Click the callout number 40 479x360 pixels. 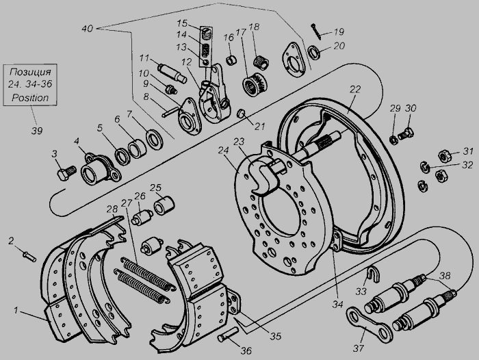[x=87, y=29]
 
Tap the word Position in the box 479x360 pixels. [x=30, y=98]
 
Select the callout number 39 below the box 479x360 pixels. [x=37, y=131]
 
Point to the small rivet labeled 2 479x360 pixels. [x=29, y=256]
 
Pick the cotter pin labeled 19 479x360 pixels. [x=316, y=31]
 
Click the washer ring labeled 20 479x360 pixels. [x=314, y=52]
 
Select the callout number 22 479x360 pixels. [x=355, y=90]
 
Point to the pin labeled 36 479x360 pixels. [x=228, y=334]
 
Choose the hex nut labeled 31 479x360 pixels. [x=445, y=156]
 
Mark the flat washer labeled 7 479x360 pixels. [x=155, y=140]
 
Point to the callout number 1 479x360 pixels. [x=16, y=311]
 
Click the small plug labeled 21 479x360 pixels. [x=242, y=114]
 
